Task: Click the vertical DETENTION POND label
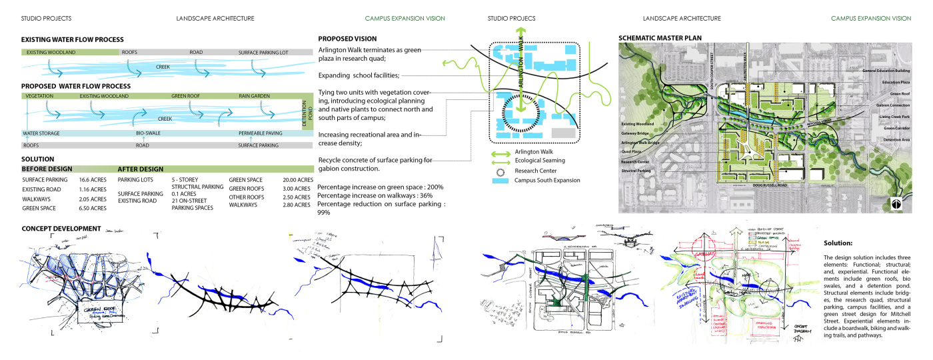pos(307,111)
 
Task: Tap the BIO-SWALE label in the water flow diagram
pos(147,133)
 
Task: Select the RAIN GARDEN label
pos(255,96)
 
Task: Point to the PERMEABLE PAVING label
pos(262,133)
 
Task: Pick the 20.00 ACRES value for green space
pos(298,180)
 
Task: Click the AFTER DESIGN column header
pos(141,169)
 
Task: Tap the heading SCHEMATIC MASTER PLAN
pos(660,38)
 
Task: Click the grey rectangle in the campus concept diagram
pos(564,133)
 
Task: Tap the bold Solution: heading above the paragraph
pos(838,243)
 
